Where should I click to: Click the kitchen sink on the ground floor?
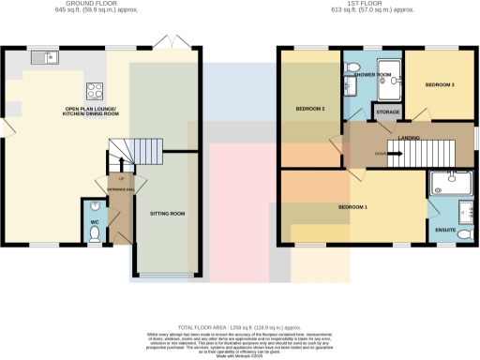(44, 58)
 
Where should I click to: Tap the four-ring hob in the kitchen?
(95, 91)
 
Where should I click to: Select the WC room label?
(94, 222)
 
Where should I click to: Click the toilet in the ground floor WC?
(94, 234)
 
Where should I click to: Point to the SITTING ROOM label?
(167, 214)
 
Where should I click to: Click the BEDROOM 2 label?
(309, 109)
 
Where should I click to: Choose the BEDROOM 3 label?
(439, 85)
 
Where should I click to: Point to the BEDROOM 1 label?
(353, 205)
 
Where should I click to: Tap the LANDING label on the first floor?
(409, 138)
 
